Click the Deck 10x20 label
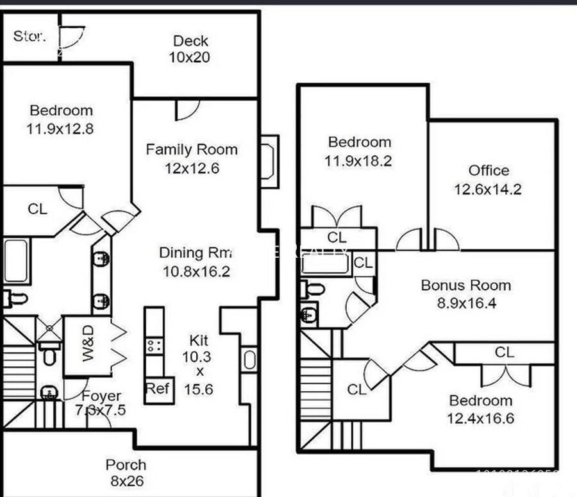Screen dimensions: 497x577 (x=190, y=49)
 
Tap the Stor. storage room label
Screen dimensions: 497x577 (x=29, y=36)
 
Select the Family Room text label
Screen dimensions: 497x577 (x=191, y=149)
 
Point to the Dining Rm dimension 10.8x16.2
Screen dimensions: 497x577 (x=196, y=271)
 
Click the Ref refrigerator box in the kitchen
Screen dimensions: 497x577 (x=158, y=388)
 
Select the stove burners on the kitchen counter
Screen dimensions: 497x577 (x=154, y=346)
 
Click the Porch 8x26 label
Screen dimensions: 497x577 (x=126, y=472)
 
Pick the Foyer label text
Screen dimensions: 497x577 (x=101, y=396)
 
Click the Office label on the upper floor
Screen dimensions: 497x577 (x=489, y=171)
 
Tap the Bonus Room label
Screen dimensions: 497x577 (x=465, y=285)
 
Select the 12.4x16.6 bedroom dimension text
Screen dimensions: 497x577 (x=480, y=419)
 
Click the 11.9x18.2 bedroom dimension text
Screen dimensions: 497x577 (x=358, y=161)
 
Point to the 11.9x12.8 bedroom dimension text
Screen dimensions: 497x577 (x=60, y=128)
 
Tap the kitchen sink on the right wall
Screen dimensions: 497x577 (x=249, y=360)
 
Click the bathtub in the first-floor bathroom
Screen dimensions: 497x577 (x=16, y=260)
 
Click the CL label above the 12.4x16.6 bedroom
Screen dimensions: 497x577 (x=504, y=352)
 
